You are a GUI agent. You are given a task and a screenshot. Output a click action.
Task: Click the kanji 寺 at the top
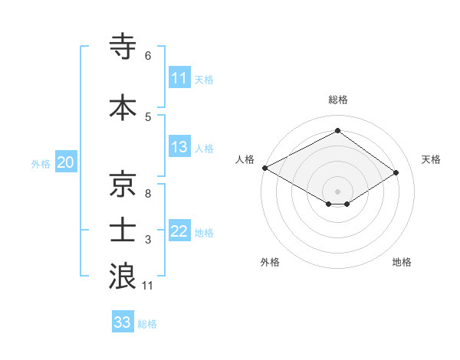pyautogui.click(x=123, y=47)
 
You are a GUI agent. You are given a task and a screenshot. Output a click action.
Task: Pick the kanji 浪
pyautogui.click(x=123, y=277)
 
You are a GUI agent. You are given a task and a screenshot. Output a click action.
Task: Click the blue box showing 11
pyautogui.click(x=179, y=78)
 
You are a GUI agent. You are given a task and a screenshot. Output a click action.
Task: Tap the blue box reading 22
pyautogui.click(x=179, y=232)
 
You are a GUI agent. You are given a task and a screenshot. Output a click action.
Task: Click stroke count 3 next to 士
pyautogui.click(x=147, y=240)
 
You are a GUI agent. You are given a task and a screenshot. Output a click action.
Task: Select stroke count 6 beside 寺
pyautogui.click(x=147, y=56)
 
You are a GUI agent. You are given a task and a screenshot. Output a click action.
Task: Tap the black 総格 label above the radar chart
pyautogui.click(x=337, y=100)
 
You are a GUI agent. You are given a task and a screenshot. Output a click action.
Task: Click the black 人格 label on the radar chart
pyautogui.click(x=245, y=159)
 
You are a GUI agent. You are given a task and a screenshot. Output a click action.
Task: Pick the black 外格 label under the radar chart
pyautogui.click(x=270, y=262)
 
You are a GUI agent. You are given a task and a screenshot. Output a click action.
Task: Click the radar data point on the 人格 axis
pyautogui.click(x=264, y=168)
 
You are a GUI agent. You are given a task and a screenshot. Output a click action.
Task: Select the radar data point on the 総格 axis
pyautogui.click(x=337, y=131)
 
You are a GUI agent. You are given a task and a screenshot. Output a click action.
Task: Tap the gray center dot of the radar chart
pyautogui.click(x=337, y=191)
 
